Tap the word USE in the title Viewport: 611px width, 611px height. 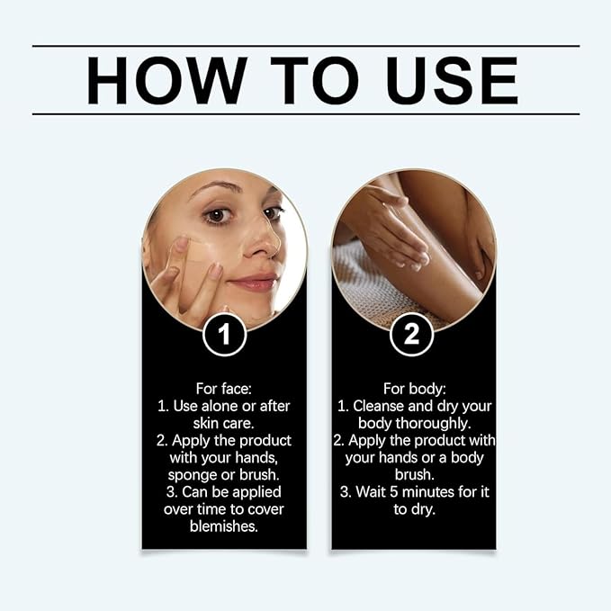pyautogui.click(x=452, y=80)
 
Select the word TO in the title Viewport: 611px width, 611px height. pyautogui.click(x=314, y=80)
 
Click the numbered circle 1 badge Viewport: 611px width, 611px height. pyautogui.click(x=224, y=335)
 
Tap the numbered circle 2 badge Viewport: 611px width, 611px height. pyautogui.click(x=412, y=335)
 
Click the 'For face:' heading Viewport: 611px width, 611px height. pyautogui.click(x=224, y=389)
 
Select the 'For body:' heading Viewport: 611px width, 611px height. pyautogui.click(x=414, y=389)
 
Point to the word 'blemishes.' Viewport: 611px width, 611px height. pyautogui.click(x=224, y=526)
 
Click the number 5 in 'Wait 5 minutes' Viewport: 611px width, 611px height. pyautogui.click(x=393, y=492)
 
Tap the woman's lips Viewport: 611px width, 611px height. pyautogui.click(x=255, y=283)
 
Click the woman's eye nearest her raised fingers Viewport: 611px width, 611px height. pyautogui.click(x=216, y=215)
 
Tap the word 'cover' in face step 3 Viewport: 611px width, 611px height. pyautogui.click(x=265, y=509)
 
